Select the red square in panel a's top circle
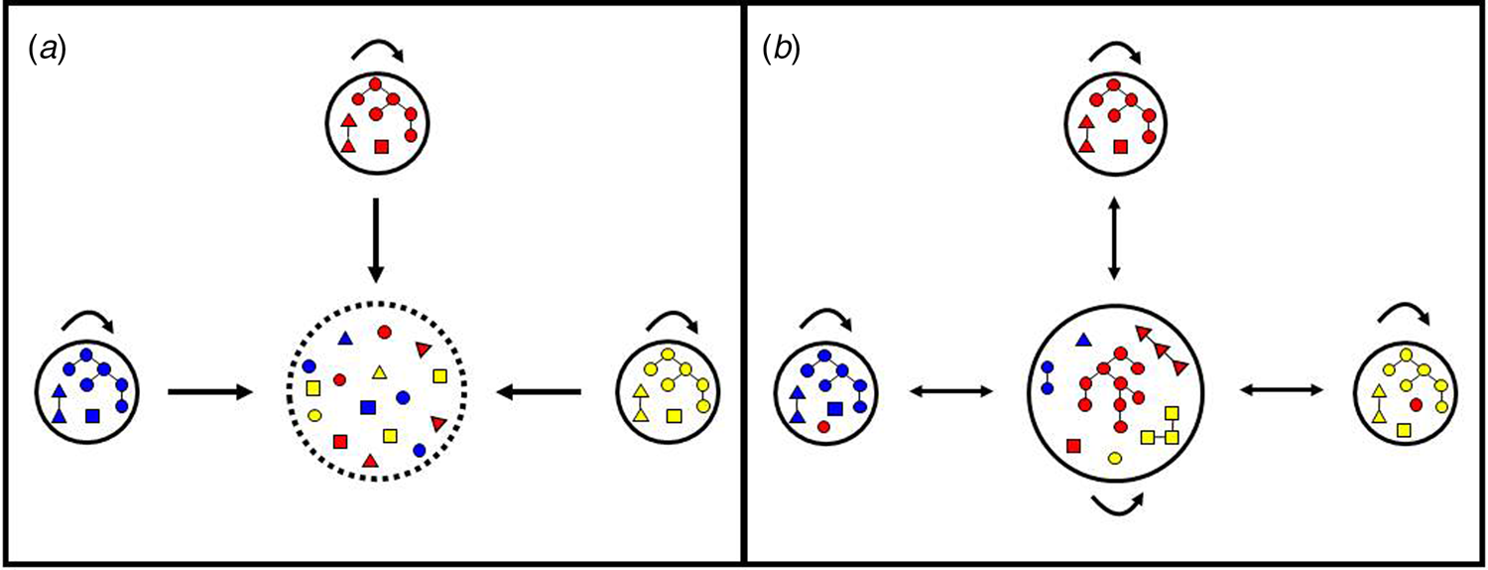click(380, 147)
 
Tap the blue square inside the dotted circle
click(367, 406)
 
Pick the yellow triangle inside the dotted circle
click(379, 372)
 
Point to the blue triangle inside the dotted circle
click(345, 339)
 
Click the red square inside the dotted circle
click(341, 441)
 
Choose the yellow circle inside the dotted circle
click(314, 415)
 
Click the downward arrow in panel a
click(375, 238)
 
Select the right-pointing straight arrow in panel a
click(209, 393)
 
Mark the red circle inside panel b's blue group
click(823, 426)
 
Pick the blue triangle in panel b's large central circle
click(1083, 341)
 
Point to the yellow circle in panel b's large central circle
click(1115, 457)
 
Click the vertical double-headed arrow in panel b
click(1115, 239)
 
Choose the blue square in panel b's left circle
click(835, 408)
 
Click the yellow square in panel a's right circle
click(675, 416)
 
